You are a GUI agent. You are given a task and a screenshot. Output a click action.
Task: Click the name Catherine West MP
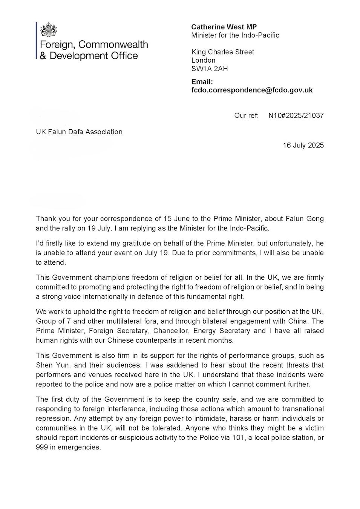pos(224,27)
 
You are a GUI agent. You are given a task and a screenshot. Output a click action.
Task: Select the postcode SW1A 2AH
pos(210,69)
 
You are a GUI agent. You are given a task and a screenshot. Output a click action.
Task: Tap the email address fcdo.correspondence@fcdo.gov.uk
pos(252,90)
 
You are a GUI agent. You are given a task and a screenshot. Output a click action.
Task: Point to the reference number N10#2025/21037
pos(296,115)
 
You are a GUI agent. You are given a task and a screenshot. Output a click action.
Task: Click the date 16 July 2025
pos(303,145)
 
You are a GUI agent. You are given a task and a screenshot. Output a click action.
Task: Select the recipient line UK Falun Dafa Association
pos(79,132)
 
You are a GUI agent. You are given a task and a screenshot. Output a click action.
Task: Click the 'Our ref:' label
pos(246,115)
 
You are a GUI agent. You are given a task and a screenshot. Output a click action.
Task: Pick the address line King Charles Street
pos(222,52)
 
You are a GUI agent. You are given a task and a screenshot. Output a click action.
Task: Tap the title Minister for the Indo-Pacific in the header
pos(235,35)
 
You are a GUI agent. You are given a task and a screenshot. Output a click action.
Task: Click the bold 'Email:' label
pos(202,82)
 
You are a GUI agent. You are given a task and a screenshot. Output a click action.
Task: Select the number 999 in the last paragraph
pos(42,448)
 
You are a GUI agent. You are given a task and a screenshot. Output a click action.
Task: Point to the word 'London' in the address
pos(203,60)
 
